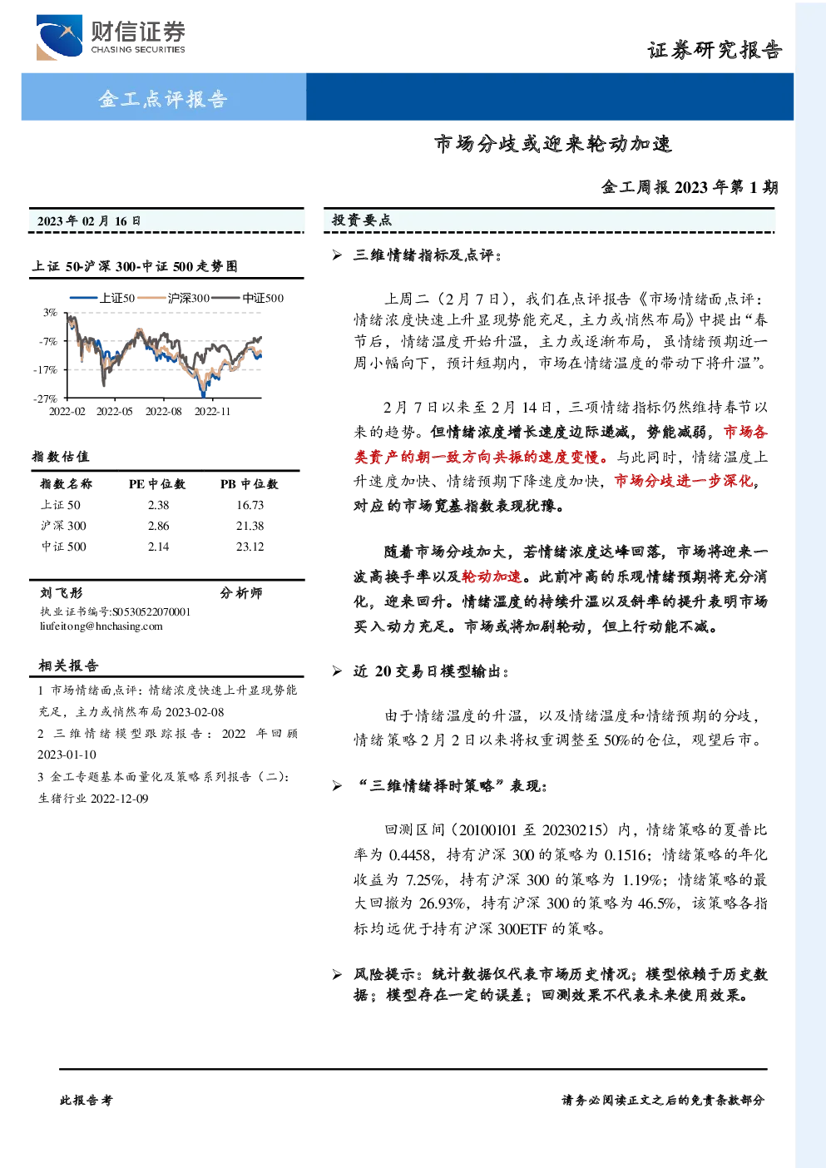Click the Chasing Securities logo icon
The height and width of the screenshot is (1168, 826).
point(59,37)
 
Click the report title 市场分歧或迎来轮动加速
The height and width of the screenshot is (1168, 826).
point(553,144)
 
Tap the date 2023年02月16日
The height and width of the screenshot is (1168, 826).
point(89,221)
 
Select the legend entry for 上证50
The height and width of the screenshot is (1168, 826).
point(102,299)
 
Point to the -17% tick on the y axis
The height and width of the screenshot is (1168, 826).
point(46,369)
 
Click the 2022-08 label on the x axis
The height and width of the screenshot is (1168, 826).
point(163,412)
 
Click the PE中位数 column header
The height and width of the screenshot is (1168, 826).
point(157,484)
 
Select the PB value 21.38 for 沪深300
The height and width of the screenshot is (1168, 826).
point(250,526)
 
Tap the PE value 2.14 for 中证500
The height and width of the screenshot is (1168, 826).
point(158,547)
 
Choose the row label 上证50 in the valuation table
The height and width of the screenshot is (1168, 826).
point(61,505)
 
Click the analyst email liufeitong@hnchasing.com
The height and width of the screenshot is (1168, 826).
point(101,626)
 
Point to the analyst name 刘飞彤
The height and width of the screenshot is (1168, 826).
point(61,593)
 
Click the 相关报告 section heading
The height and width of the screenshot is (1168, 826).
point(68,666)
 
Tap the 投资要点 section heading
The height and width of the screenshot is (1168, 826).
point(361,220)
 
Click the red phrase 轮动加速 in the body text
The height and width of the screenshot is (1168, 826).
point(492,577)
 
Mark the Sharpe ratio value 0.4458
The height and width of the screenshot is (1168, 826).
point(410,854)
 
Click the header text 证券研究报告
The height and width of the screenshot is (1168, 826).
point(715,50)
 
